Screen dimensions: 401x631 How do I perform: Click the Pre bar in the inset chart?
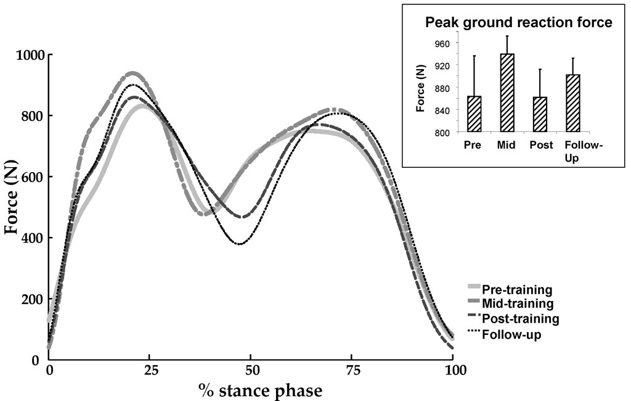coord(474,114)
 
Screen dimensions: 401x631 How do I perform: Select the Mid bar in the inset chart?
coord(507,93)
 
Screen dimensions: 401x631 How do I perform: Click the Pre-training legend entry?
coord(516,289)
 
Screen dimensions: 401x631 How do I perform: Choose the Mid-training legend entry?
coord(518,304)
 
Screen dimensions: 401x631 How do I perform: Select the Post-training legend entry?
coord(520,319)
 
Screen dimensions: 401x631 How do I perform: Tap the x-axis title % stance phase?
coord(259,390)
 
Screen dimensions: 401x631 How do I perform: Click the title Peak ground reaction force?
coord(518,23)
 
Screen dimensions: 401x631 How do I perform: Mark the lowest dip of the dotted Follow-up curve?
coord(240,244)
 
